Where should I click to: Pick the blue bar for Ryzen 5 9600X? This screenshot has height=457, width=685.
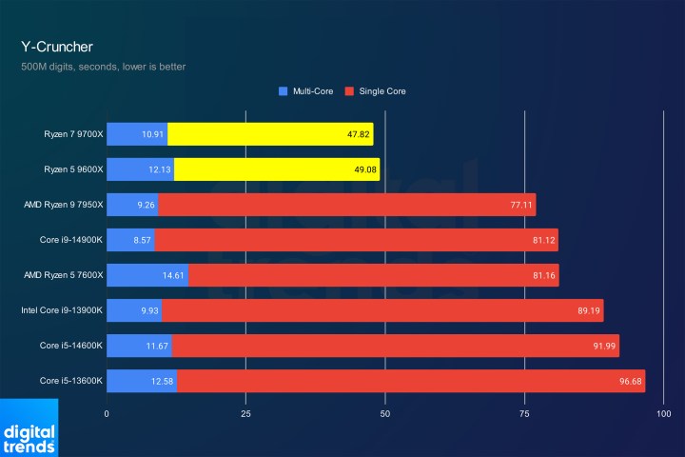140,169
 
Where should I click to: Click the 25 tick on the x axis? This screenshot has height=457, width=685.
245,414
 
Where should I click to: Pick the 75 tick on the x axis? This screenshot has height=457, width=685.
524,414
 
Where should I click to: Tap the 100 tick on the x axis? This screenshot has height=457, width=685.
663,414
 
